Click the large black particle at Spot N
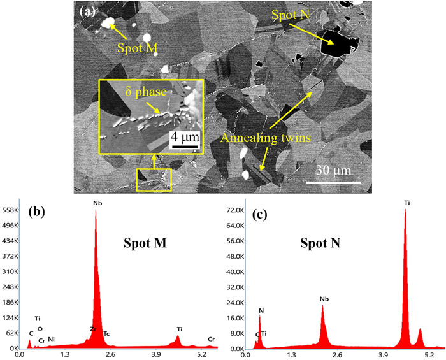[x=336, y=43]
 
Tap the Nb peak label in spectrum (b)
[x=97, y=204]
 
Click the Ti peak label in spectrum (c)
[x=406, y=204]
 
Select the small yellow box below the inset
[x=154, y=180]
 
